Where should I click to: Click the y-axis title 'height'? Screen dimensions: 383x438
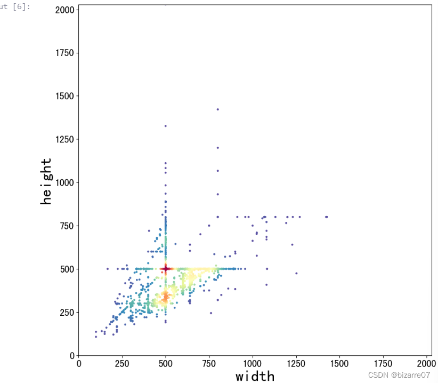[x=47, y=181]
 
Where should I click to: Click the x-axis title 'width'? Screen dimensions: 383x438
[x=255, y=376]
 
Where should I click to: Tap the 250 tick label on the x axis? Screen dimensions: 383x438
[x=122, y=363]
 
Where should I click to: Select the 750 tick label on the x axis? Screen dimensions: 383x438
[x=209, y=363]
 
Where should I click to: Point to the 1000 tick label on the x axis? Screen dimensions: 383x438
[x=253, y=363]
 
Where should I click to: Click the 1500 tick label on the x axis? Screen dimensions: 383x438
[x=339, y=363]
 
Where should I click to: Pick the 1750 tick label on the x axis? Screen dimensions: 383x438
[x=383, y=363]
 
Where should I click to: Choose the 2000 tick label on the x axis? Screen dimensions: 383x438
[x=426, y=363]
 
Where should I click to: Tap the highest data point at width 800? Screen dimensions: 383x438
[x=217, y=109]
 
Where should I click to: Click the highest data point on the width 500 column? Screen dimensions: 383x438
[x=165, y=126]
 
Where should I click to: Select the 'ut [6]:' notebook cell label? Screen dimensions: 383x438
[x=16, y=6]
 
